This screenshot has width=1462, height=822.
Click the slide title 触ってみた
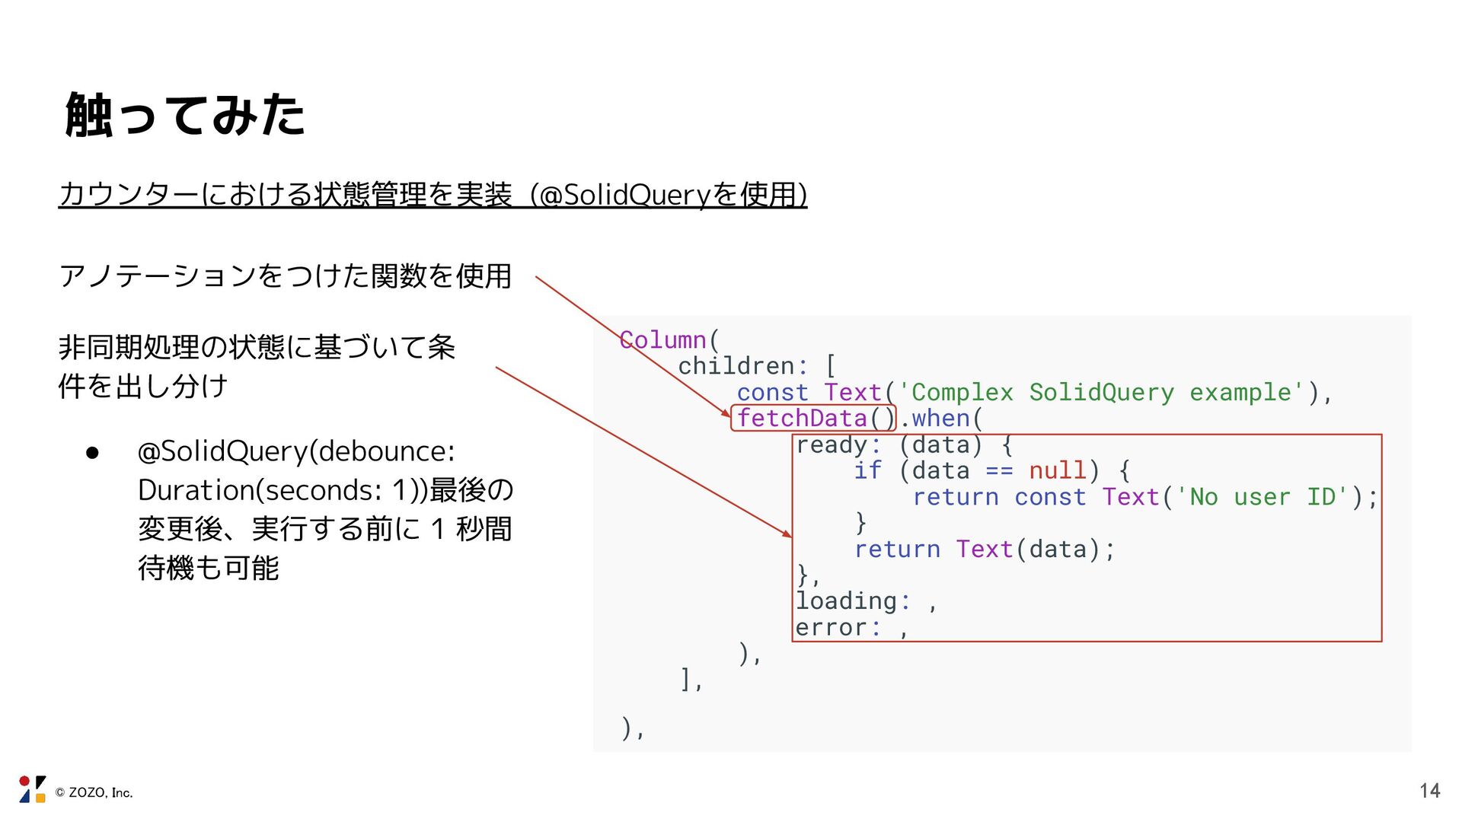tap(185, 115)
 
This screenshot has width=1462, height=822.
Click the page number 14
tap(1429, 791)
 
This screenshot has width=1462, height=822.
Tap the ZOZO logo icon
tap(32, 789)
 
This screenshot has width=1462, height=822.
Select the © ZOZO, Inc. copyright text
tap(94, 793)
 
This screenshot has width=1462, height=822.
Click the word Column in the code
tap(663, 339)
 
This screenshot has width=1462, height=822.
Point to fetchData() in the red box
tap(813, 418)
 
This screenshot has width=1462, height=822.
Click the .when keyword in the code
tap(940, 418)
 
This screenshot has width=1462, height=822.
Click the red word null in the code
tap(1057, 470)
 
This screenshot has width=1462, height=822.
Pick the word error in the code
tap(832, 628)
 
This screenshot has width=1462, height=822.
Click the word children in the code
tap(736, 366)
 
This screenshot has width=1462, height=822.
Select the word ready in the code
tap(832, 444)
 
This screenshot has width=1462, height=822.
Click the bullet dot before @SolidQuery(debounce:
tap(93, 453)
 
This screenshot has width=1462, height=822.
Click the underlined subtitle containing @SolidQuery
tap(433, 195)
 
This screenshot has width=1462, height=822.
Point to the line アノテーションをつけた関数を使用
tap(285, 276)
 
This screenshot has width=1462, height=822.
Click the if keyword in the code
tap(867, 470)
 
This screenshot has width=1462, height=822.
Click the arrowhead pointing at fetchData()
tap(727, 414)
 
